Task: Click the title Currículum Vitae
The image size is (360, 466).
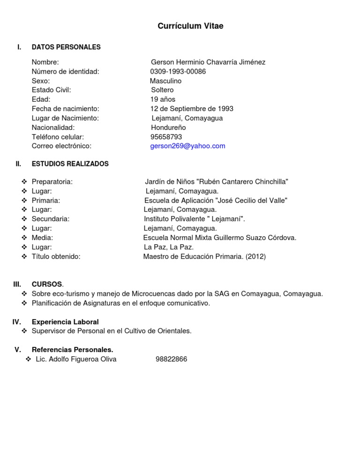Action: click(x=190, y=26)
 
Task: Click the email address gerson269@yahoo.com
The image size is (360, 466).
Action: click(x=187, y=146)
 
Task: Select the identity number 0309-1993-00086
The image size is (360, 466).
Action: click(x=178, y=71)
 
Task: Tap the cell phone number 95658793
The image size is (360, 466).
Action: click(x=166, y=136)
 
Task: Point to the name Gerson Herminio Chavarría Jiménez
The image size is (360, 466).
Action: click(x=208, y=62)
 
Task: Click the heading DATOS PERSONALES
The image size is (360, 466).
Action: click(x=66, y=47)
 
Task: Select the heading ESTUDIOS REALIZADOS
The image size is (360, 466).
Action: click(x=70, y=164)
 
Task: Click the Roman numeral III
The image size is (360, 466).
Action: click(x=17, y=284)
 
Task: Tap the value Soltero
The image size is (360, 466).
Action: click(x=162, y=90)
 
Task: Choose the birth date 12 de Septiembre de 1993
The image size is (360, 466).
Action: click(x=192, y=108)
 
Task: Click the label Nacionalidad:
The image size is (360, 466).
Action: click(x=53, y=127)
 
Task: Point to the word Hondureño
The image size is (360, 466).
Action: click(x=168, y=127)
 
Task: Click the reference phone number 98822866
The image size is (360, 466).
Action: click(x=171, y=359)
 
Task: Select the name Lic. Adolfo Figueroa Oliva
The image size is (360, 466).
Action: click(x=76, y=359)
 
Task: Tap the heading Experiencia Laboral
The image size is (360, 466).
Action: click(x=65, y=322)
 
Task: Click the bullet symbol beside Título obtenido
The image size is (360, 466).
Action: click(x=24, y=256)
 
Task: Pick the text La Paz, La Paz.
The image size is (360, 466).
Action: click(x=168, y=247)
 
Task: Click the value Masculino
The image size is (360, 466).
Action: click(x=162, y=81)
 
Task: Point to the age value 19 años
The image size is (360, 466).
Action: click(x=163, y=99)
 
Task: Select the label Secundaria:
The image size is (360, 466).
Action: click(x=51, y=219)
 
